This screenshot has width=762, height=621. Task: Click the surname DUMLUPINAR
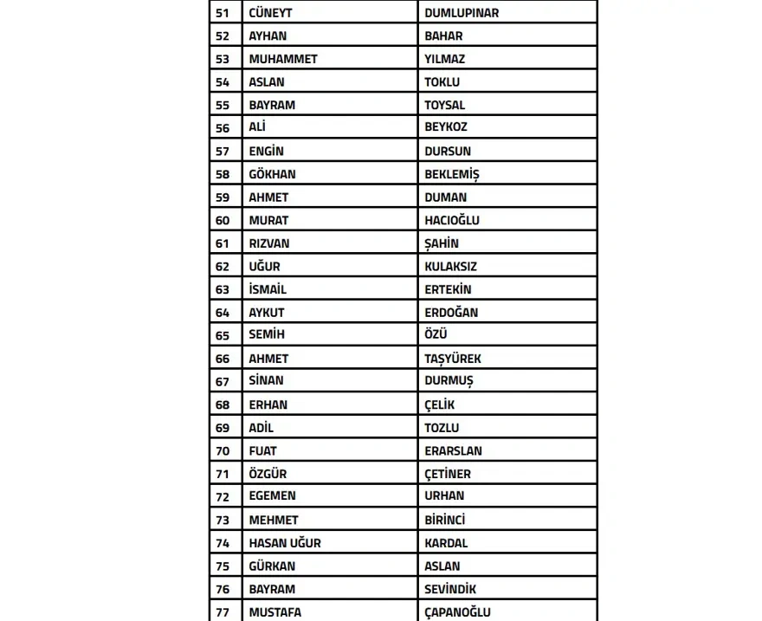[462, 13]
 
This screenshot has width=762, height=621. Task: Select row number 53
[223, 59]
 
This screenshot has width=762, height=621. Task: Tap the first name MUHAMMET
[283, 59]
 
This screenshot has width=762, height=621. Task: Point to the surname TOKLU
[442, 82]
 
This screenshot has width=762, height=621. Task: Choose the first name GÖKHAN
[272, 174]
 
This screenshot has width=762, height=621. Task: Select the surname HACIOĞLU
[451, 220]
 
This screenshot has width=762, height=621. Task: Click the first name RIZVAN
[269, 243]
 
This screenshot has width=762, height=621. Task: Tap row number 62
[223, 267]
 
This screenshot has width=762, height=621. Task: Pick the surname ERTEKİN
[448, 289]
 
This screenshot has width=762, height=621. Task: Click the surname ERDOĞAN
[450, 313]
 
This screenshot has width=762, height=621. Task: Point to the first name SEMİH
[267, 335]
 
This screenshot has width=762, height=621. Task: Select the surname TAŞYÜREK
[453, 359]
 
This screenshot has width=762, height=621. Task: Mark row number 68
[223, 404]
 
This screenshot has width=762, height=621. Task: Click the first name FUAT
[262, 450]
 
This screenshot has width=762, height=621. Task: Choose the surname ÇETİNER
[448, 474]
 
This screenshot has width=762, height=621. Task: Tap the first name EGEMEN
[272, 496]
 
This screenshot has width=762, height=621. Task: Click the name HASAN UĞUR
[285, 543]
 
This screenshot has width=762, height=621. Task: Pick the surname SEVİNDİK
[450, 589]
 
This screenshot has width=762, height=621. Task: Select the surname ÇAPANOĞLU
[457, 612]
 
